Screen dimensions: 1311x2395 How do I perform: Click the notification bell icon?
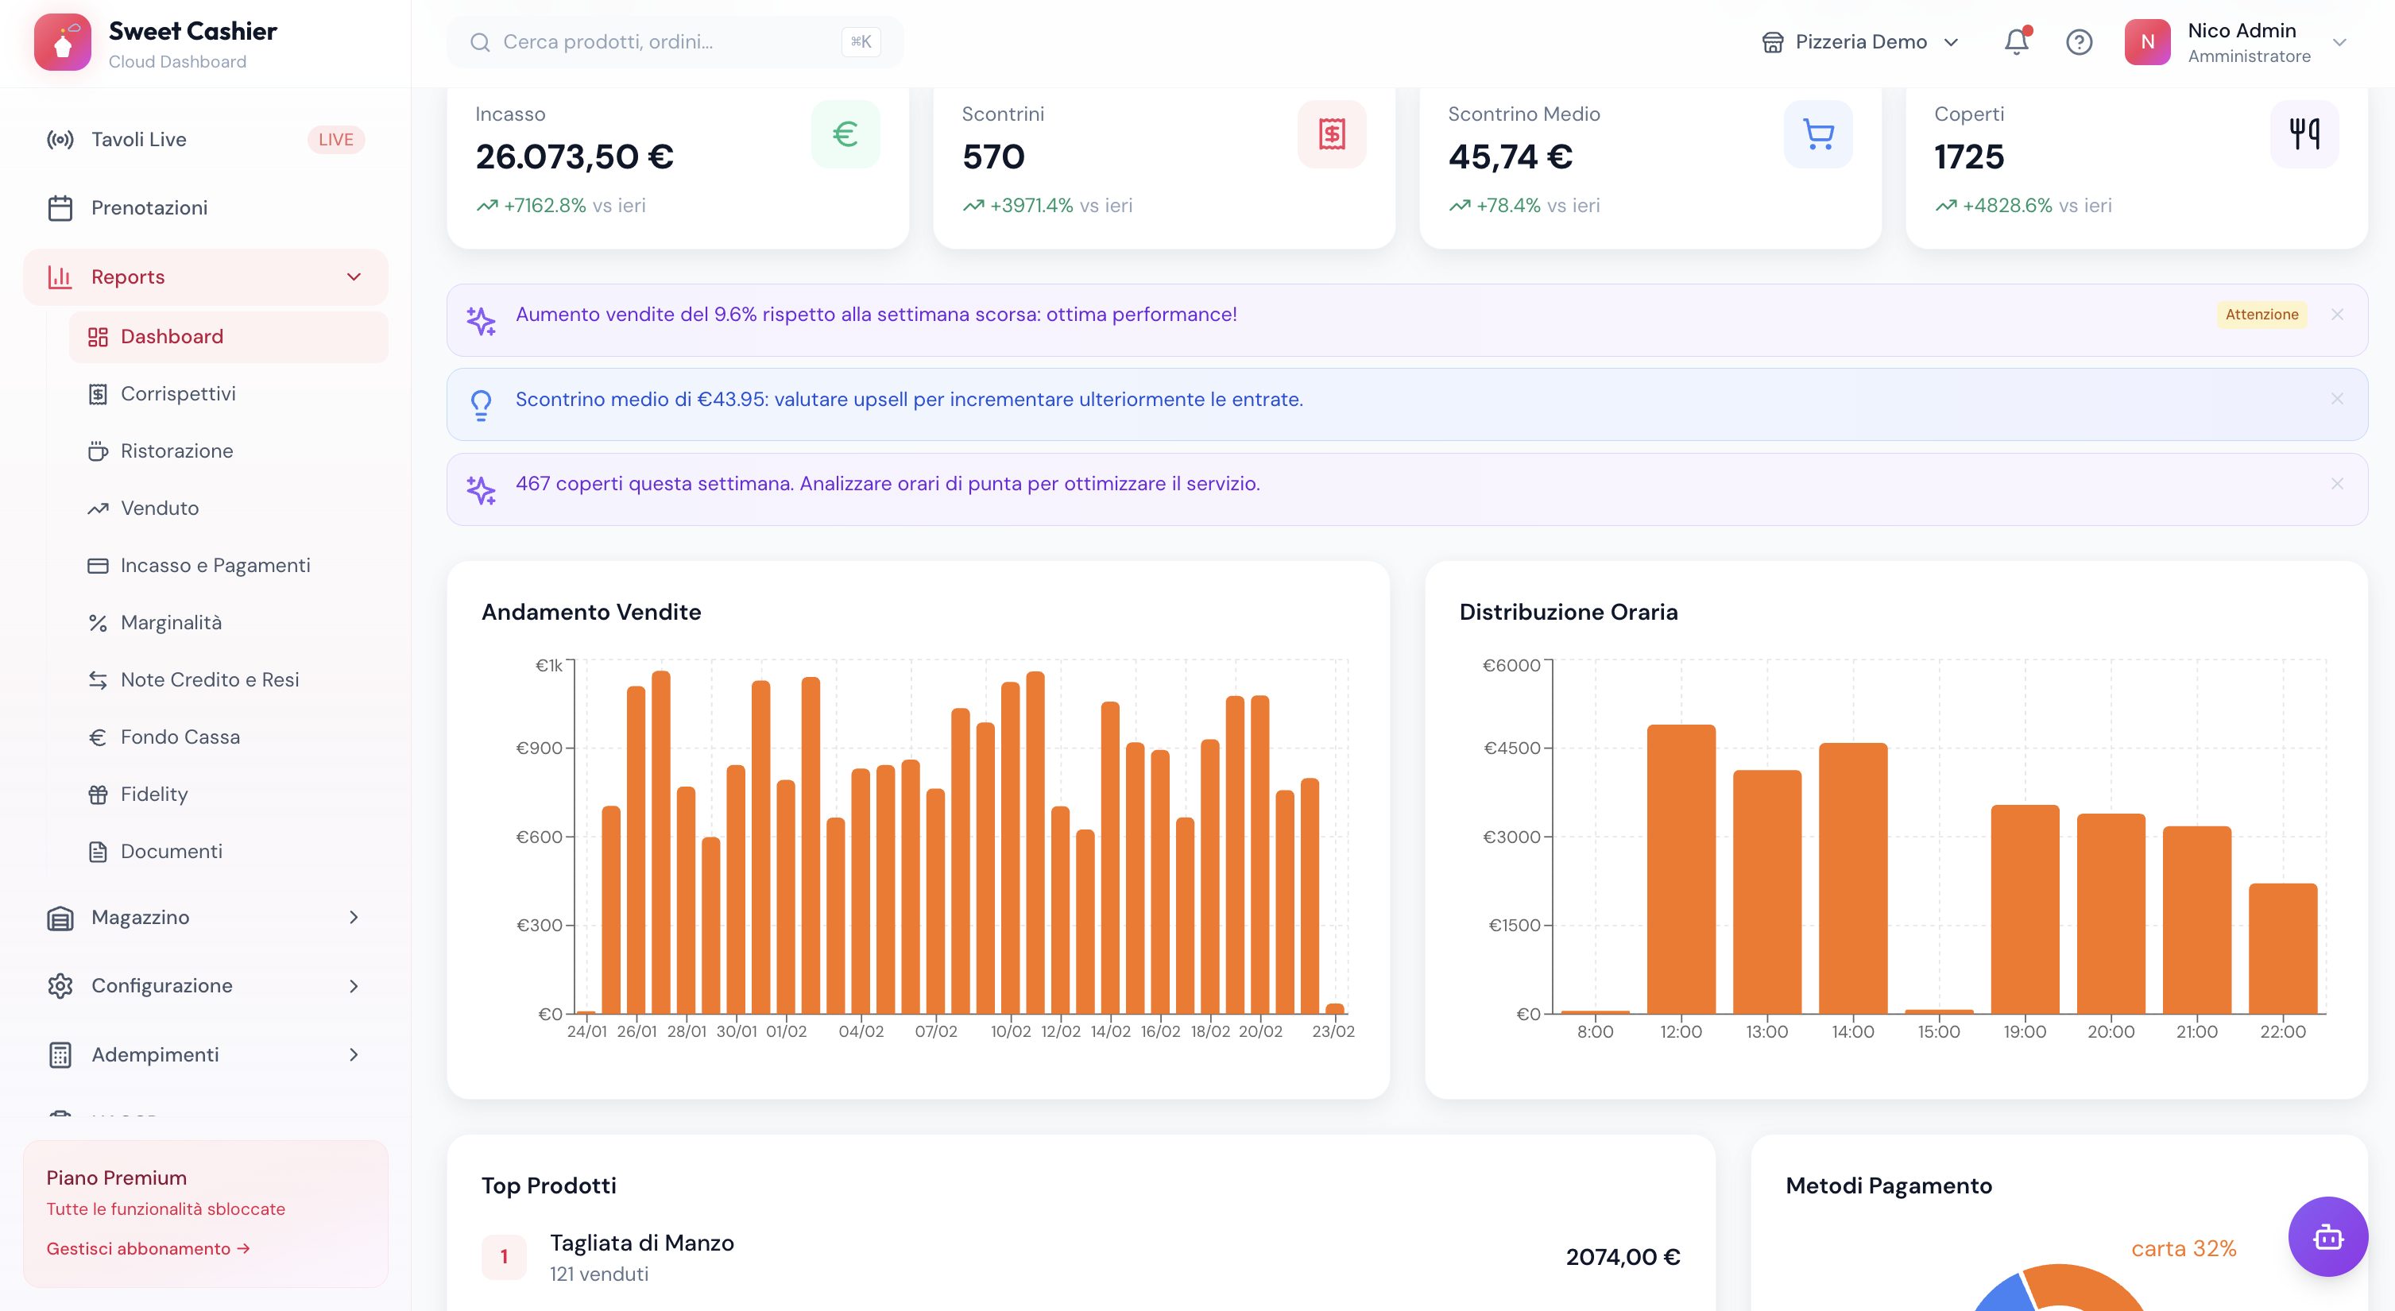point(2016,42)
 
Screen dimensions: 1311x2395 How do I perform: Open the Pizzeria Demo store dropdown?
point(1860,42)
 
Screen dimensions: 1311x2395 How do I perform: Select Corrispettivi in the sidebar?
point(177,393)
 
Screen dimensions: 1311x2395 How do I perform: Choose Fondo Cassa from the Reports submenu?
point(180,737)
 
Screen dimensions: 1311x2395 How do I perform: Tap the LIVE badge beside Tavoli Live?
point(335,140)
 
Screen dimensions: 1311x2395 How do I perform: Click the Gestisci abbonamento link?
point(148,1247)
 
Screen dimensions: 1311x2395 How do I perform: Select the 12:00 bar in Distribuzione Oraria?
point(1680,869)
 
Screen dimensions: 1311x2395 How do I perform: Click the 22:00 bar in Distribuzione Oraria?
point(2281,949)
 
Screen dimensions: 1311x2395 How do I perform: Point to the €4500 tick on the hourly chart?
point(1511,748)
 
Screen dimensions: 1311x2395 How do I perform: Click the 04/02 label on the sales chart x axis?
point(861,1031)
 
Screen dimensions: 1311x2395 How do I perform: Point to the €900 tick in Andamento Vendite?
point(540,748)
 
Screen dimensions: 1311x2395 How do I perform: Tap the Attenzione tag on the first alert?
point(2262,315)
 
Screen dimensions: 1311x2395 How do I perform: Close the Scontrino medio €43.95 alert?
point(2336,399)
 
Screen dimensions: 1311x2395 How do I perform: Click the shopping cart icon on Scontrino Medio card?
point(1817,134)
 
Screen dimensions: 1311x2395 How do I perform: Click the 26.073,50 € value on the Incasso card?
point(575,157)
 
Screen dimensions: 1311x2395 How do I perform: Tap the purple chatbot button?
point(2327,1236)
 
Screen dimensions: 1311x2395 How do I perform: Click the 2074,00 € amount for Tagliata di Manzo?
point(1623,1257)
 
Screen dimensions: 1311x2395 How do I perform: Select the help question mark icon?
point(2079,42)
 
